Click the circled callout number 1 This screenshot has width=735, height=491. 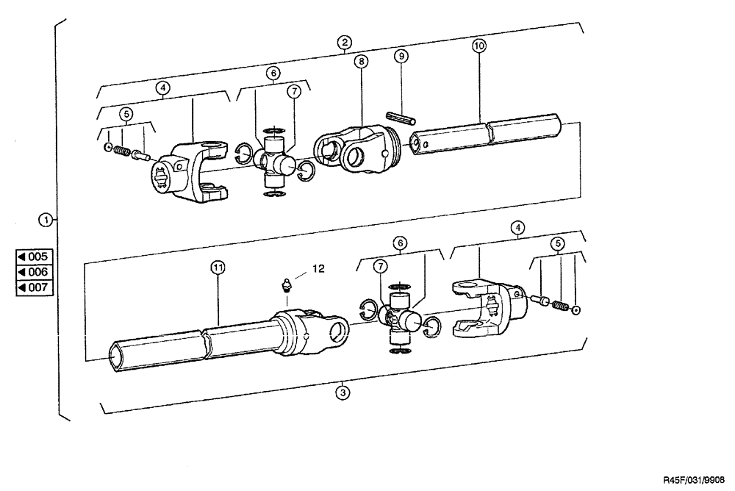[46, 219]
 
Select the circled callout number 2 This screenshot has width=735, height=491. [345, 42]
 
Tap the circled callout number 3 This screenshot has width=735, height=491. [342, 393]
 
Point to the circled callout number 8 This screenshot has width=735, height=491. [362, 63]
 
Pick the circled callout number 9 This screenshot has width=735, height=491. [401, 56]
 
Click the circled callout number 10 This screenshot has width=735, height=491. [478, 46]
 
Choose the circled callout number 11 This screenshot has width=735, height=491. [218, 268]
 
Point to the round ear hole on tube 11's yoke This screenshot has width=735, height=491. [339, 330]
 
